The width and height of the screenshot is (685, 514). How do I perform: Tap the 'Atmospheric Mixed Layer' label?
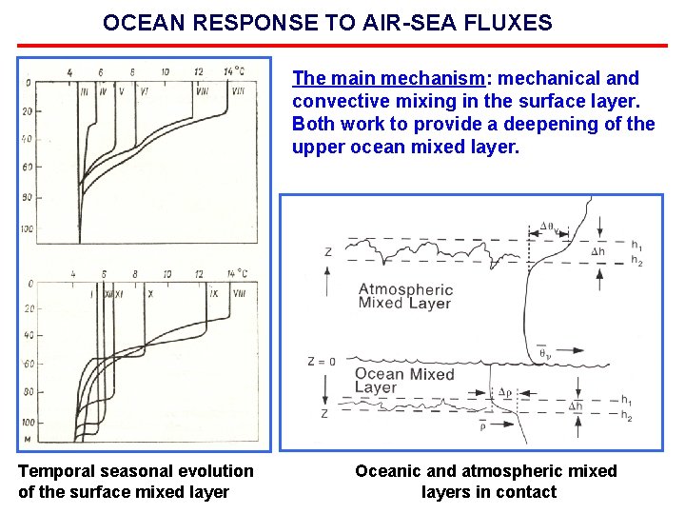[405, 296]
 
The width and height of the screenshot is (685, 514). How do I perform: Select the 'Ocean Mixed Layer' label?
[404, 381]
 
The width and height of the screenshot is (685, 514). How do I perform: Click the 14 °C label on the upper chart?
[233, 72]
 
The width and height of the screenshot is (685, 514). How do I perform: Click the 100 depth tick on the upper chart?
[27, 229]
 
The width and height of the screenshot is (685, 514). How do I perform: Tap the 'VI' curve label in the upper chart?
[144, 91]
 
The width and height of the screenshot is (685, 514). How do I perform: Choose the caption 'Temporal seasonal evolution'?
[136, 471]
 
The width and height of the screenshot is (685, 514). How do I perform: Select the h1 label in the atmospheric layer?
[636, 243]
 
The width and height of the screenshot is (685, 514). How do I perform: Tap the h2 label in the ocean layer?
[626, 416]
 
